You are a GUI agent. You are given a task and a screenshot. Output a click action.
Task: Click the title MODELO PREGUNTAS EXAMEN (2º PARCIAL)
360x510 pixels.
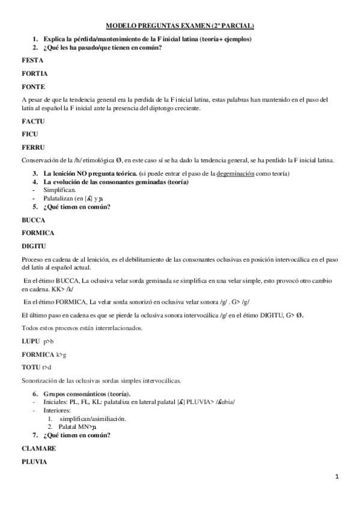click(x=180, y=26)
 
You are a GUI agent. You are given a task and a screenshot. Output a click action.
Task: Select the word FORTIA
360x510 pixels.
click(x=34, y=73)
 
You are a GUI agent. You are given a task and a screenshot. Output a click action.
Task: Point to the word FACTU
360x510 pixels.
click(x=32, y=121)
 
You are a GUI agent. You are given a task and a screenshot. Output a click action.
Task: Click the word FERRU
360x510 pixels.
click(x=32, y=147)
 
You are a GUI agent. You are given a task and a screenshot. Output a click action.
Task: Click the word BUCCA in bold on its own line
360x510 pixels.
click(x=33, y=220)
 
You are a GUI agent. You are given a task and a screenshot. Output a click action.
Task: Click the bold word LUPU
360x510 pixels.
click(x=30, y=342)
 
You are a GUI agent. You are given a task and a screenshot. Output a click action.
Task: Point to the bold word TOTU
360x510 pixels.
click(x=31, y=367)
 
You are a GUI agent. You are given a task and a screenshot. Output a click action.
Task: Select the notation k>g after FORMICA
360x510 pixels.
click(x=62, y=355)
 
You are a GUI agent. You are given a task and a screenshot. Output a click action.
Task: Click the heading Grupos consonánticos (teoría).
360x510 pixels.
click(x=84, y=394)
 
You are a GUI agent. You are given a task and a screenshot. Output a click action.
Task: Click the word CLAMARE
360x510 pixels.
click(x=38, y=449)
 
